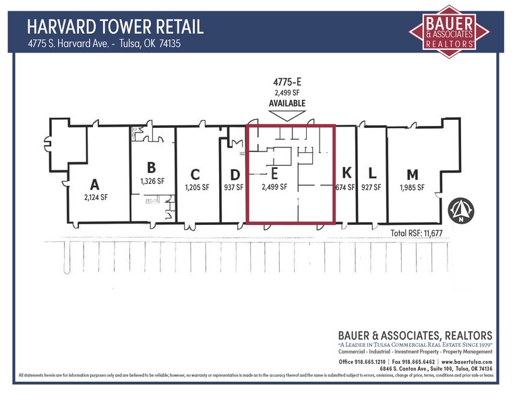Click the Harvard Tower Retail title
115,27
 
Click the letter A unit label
95,185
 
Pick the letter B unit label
152,168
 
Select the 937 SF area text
233,188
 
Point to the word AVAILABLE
287,104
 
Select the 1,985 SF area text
411,188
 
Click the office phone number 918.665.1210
375,362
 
